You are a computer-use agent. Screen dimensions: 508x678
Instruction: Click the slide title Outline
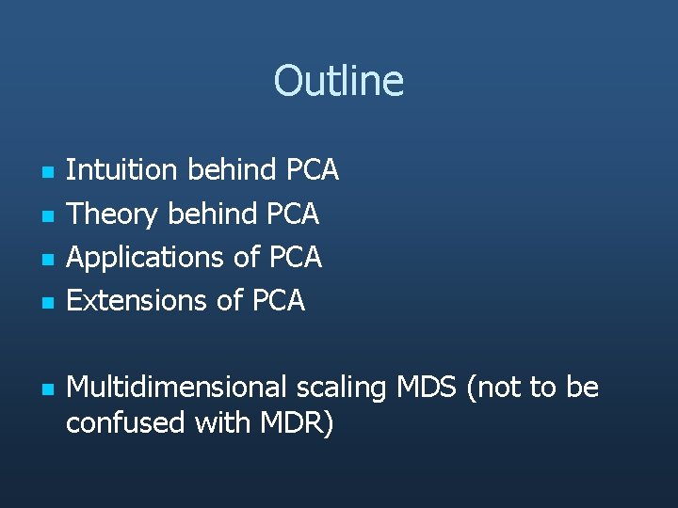click(x=338, y=81)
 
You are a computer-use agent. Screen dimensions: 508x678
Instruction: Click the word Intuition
click(x=121, y=170)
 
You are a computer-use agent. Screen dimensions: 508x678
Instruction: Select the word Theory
click(x=112, y=214)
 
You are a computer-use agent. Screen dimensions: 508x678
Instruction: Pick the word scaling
click(x=342, y=387)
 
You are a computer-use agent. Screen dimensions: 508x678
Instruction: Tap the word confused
click(x=125, y=423)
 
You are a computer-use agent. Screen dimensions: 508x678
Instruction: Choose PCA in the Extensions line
click(x=278, y=300)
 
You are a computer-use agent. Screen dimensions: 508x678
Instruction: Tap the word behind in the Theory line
click(x=212, y=214)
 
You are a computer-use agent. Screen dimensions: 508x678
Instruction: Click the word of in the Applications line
click(x=248, y=257)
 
